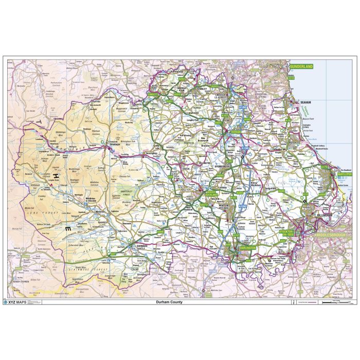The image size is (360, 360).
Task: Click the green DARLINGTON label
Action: click(247, 247)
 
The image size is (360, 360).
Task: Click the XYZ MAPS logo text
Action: click(17, 302)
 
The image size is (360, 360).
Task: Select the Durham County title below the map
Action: click(169, 302)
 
